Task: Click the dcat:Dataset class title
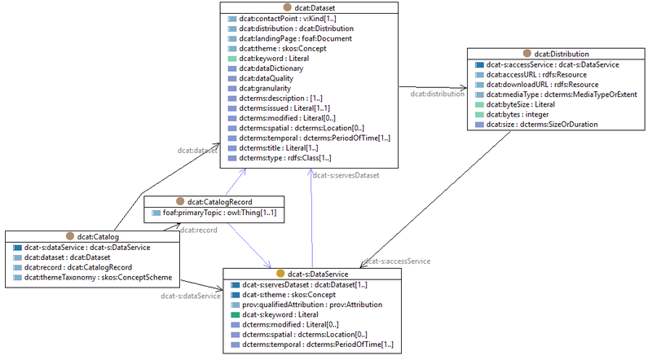point(314,7)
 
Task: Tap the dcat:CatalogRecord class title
point(218,201)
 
